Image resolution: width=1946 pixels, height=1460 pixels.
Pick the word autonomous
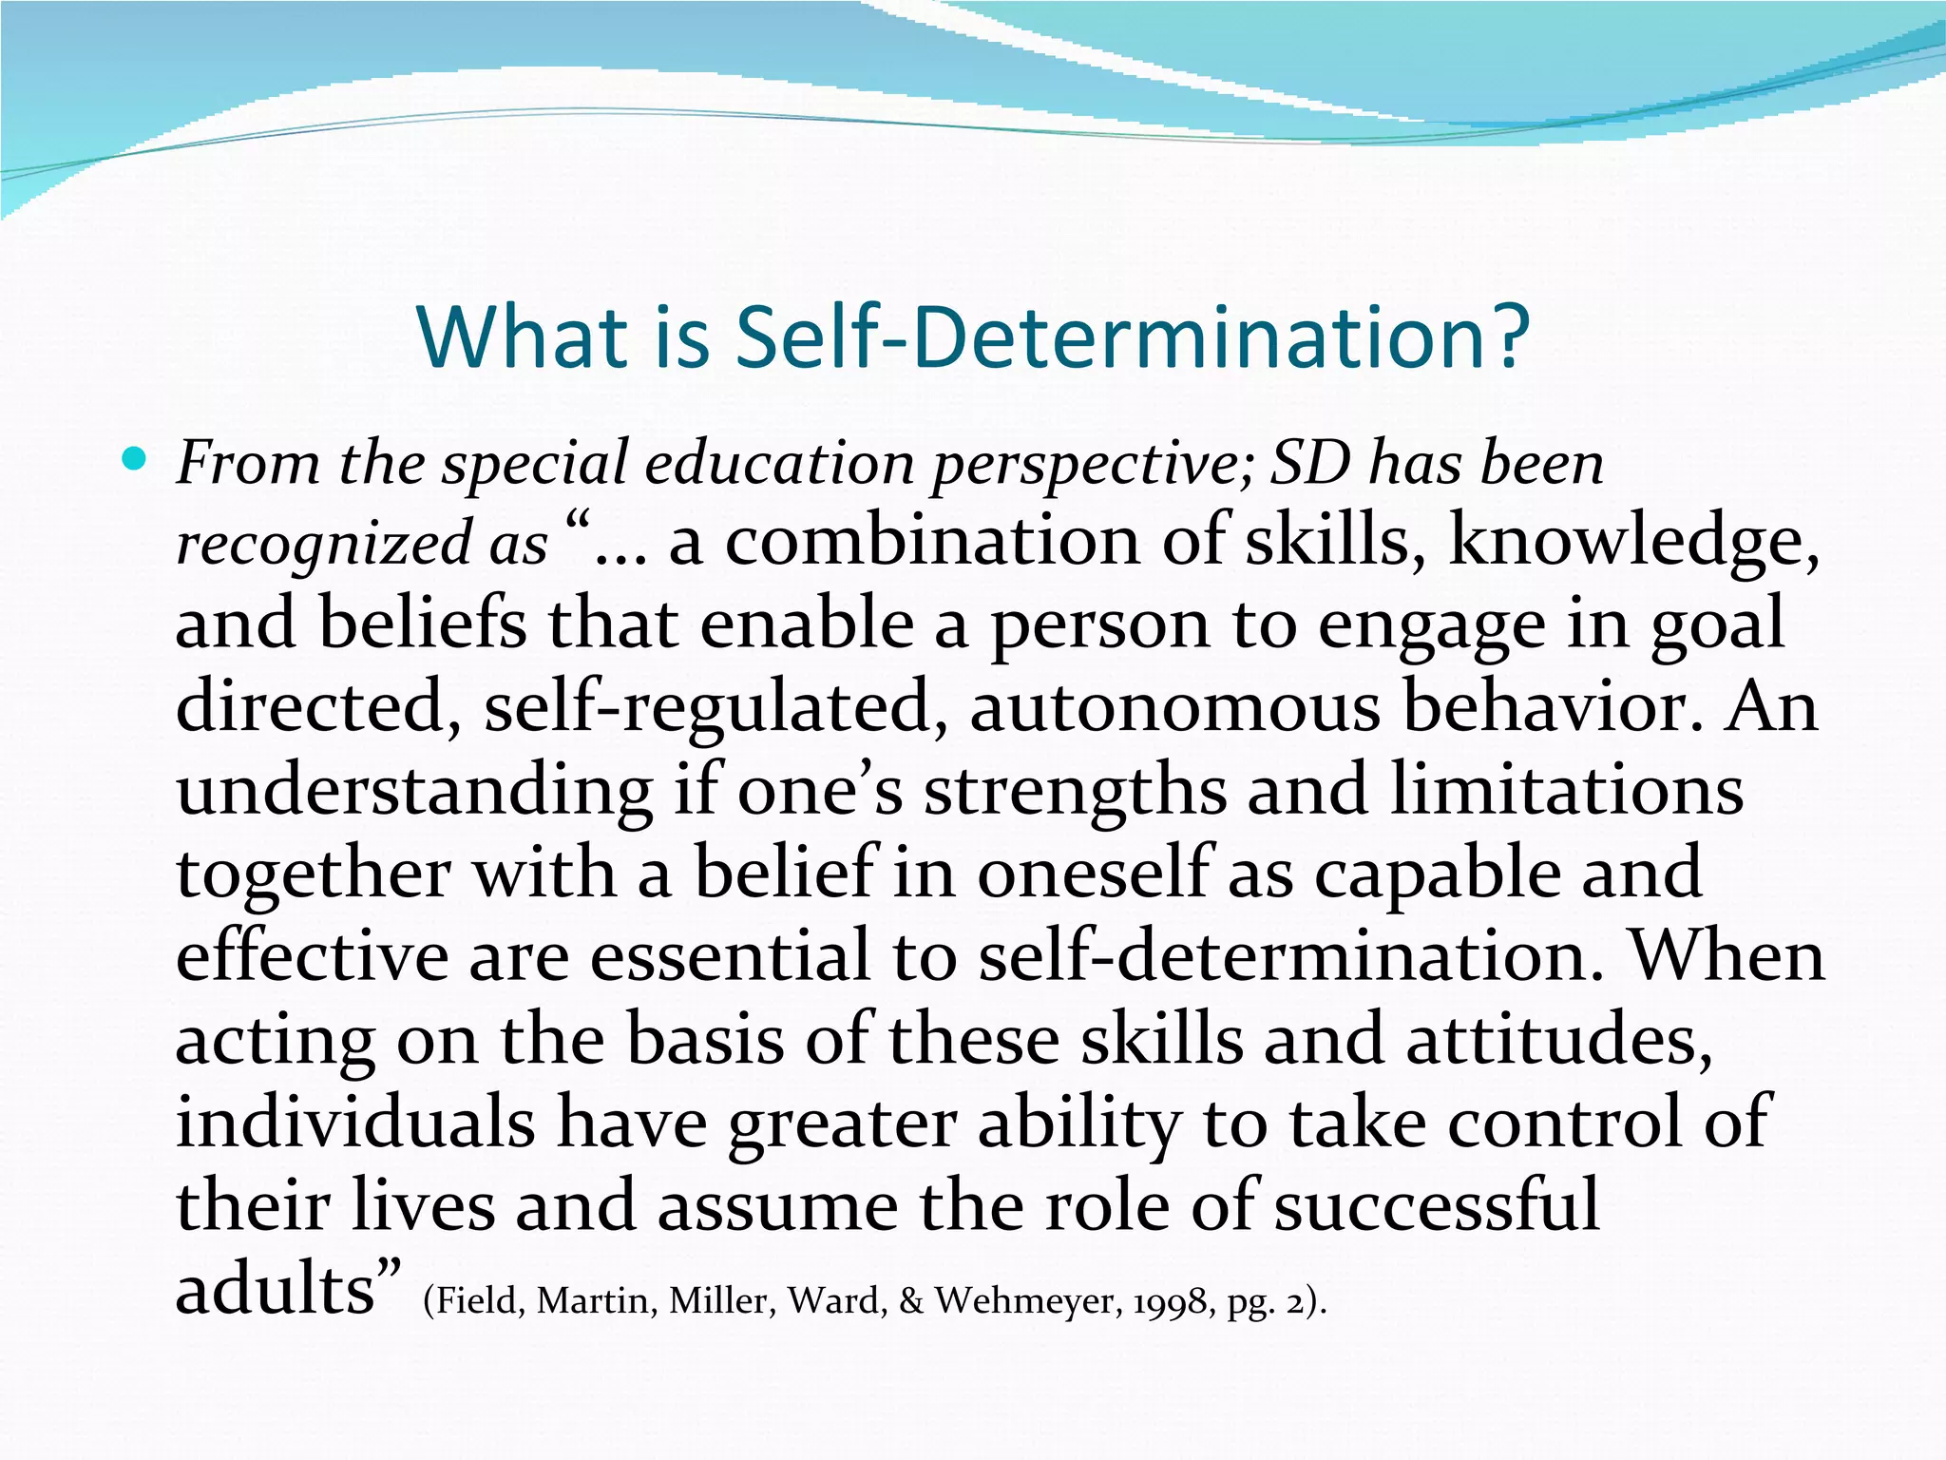click(x=1174, y=709)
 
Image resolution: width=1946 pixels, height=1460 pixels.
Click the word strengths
click(x=1075, y=792)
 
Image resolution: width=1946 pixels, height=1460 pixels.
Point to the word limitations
click(x=1566, y=791)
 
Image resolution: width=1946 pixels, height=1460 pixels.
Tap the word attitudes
click(x=1558, y=1040)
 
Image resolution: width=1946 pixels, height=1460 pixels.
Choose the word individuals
click(x=355, y=1123)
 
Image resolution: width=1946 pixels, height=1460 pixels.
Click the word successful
click(x=1436, y=1205)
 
